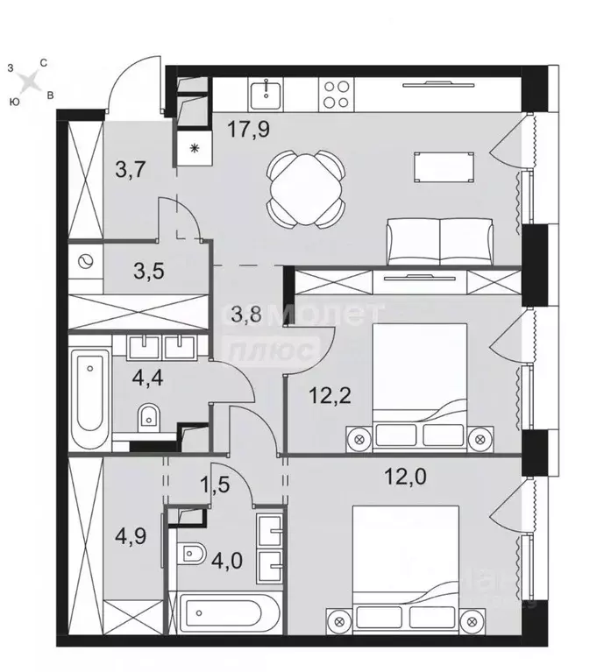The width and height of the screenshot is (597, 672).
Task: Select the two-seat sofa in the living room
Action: coord(439,242)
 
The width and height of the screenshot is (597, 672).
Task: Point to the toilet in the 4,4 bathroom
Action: coord(150,418)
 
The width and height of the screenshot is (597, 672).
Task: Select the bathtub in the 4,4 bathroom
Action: coord(89,399)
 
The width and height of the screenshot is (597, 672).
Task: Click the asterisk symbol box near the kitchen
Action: coord(193,148)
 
